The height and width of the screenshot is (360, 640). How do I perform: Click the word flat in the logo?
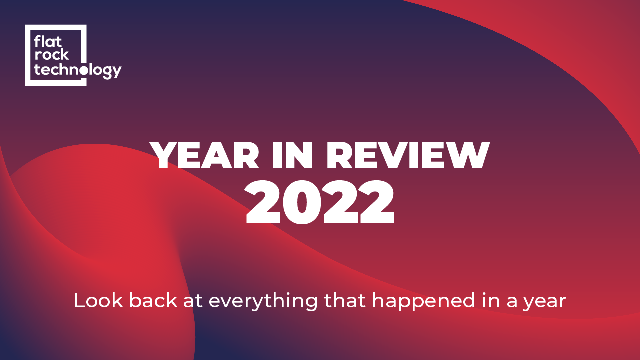coord(48,41)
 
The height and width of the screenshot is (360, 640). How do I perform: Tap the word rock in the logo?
coord(51,54)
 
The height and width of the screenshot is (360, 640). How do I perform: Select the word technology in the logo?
coord(78,70)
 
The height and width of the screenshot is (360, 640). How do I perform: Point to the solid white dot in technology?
coord(83,70)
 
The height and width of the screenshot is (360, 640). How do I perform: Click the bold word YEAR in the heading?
coord(204,155)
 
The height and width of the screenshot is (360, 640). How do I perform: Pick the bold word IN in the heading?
coord(292,155)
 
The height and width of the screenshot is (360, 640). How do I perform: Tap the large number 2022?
coord(320,202)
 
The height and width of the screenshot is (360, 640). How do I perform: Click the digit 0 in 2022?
coord(302,202)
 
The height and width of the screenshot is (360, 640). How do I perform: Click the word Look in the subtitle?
coord(98,301)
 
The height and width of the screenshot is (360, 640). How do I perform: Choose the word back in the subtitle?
coord(153,301)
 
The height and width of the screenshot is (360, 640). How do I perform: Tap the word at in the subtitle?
coord(193,301)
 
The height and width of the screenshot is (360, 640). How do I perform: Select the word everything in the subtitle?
coord(263,302)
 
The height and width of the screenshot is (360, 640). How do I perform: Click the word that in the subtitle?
coord(345,301)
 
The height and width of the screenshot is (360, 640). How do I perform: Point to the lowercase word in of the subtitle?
coord(491,301)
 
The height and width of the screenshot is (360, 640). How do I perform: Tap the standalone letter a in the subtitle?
coord(512,303)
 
